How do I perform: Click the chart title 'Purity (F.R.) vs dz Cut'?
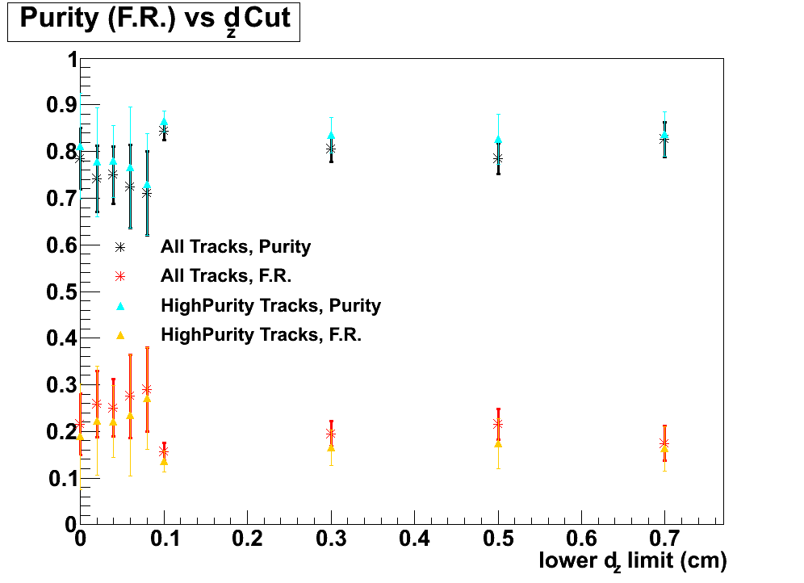coord(153,20)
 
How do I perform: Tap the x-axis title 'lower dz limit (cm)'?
coord(633,560)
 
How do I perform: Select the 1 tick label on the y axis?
coord(71,60)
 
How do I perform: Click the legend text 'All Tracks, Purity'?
coord(235,245)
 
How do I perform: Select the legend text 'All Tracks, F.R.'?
coord(225,275)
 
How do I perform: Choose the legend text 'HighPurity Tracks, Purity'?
coord(270,305)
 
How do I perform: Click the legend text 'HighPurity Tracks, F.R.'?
coord(261,334)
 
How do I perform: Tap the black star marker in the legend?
coord(119,246)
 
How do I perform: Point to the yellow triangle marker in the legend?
coord(119,334)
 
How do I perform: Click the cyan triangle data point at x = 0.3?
coord(331,136)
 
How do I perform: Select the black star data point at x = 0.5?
coord(498,158)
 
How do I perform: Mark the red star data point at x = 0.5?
coord(498,424)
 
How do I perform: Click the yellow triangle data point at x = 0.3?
coord(331,447)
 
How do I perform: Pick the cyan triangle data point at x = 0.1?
coord(164,122)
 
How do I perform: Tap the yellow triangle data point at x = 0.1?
coord(164,461)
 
